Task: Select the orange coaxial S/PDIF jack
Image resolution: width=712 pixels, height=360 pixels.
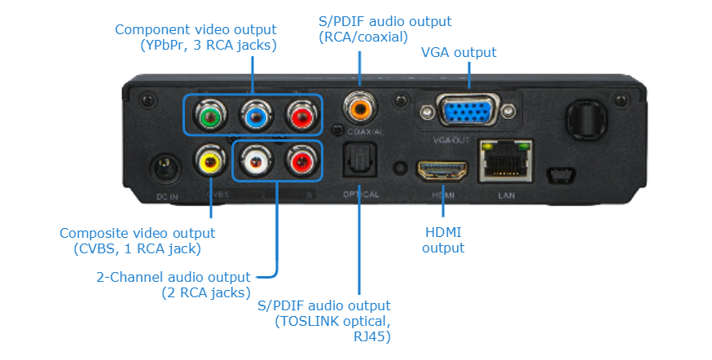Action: click(358, 106)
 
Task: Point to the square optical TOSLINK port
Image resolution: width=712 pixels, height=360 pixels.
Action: click(358, 163)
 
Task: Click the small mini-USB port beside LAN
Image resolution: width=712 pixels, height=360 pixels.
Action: click(560, 174)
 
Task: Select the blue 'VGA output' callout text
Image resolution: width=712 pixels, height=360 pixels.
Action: click(459, 52)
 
